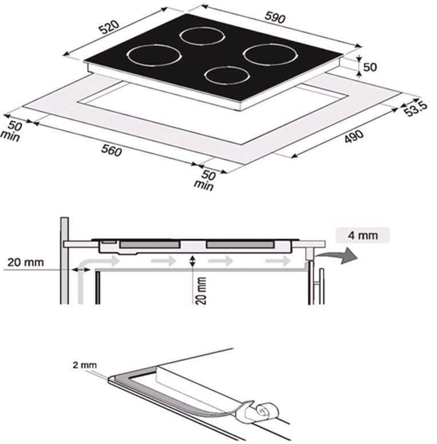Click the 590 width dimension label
(275, 18)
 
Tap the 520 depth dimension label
(109, 27)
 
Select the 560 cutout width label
(112, 150)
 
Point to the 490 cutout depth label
(354, 136)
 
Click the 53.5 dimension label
(415, 109)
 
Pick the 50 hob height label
(370, 67)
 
